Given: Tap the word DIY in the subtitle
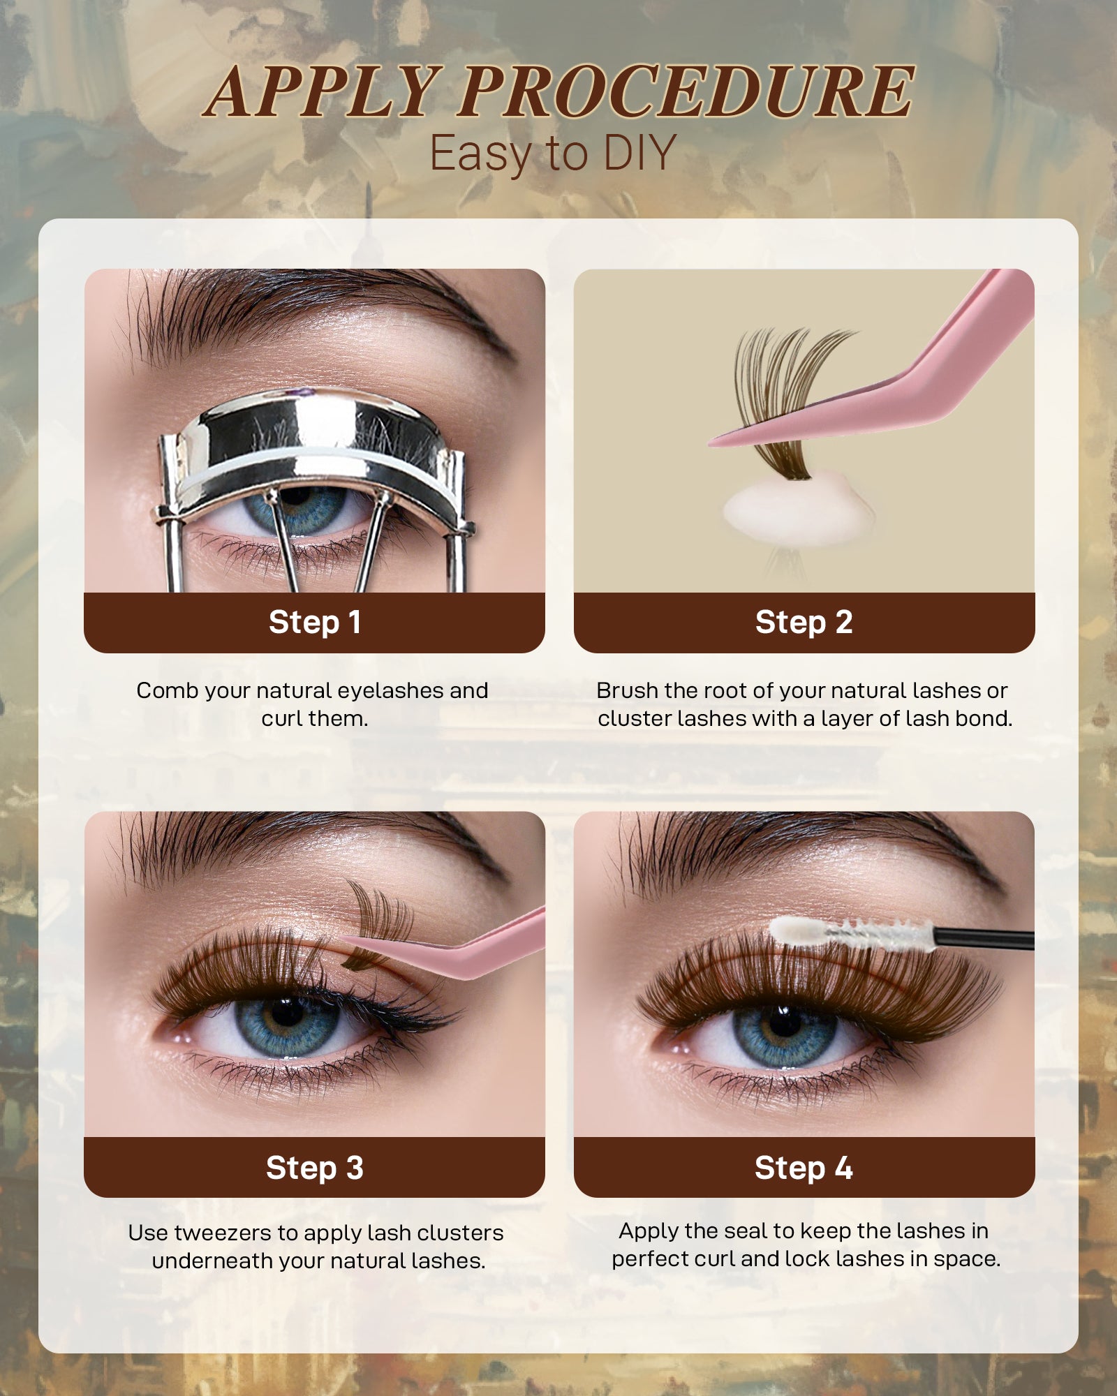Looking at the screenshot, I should coord(639,153).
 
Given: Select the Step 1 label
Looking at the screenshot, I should coord(314,622).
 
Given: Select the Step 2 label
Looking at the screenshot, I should coord(804,622).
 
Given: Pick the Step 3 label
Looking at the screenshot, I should coord(314,1168).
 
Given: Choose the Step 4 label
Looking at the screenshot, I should coord(804,1168).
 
